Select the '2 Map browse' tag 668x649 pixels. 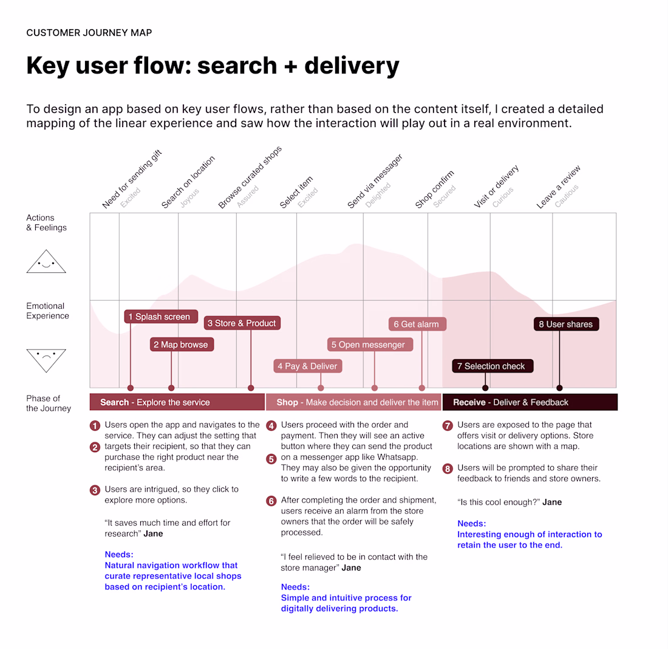point(181,345)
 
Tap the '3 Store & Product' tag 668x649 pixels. point(242,323)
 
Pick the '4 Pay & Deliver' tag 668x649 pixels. point(307,366)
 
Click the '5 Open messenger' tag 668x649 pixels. point(369,345)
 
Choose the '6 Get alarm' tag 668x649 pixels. point(417,324)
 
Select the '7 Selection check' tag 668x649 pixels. point(492,366)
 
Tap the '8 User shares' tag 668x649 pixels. point(566,324)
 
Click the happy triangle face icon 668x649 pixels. point(46,263)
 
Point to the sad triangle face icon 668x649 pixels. point(46,359)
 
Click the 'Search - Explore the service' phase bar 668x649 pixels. point(177,402)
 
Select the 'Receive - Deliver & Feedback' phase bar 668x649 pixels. point(530,402)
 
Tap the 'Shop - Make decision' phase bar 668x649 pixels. point(353,402)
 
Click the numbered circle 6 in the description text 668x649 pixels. point(271,501)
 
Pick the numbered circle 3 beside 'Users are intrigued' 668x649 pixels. point(95,490)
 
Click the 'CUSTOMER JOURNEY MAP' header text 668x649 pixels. point(89,32)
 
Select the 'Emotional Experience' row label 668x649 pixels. point(47,311)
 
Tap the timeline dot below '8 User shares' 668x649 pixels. point(559,388)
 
